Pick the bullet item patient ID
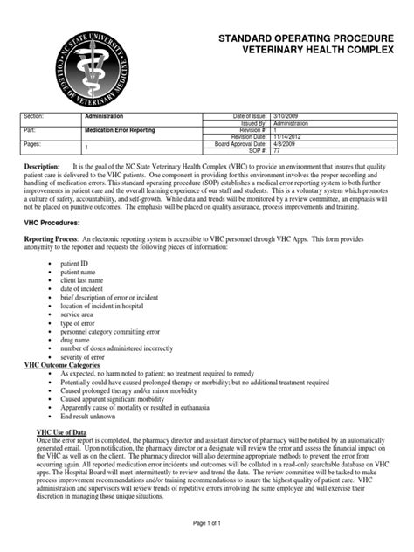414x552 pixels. tap(73, 263)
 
